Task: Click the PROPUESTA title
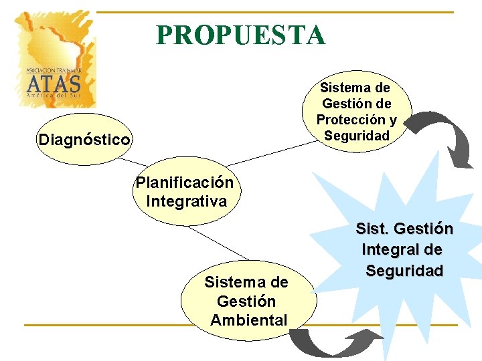coord(241,35)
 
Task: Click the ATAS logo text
coord(54,84)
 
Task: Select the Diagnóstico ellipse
coord(84,140)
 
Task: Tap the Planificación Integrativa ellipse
coord(185,192)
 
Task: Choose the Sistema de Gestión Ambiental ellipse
coord(248,301)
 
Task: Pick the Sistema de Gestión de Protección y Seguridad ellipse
coord(356,112)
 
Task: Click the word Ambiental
coord(249,320)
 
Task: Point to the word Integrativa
coord(186,201)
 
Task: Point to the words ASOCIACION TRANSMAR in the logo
coord(54,70)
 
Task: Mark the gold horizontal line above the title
coord(274,12)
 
